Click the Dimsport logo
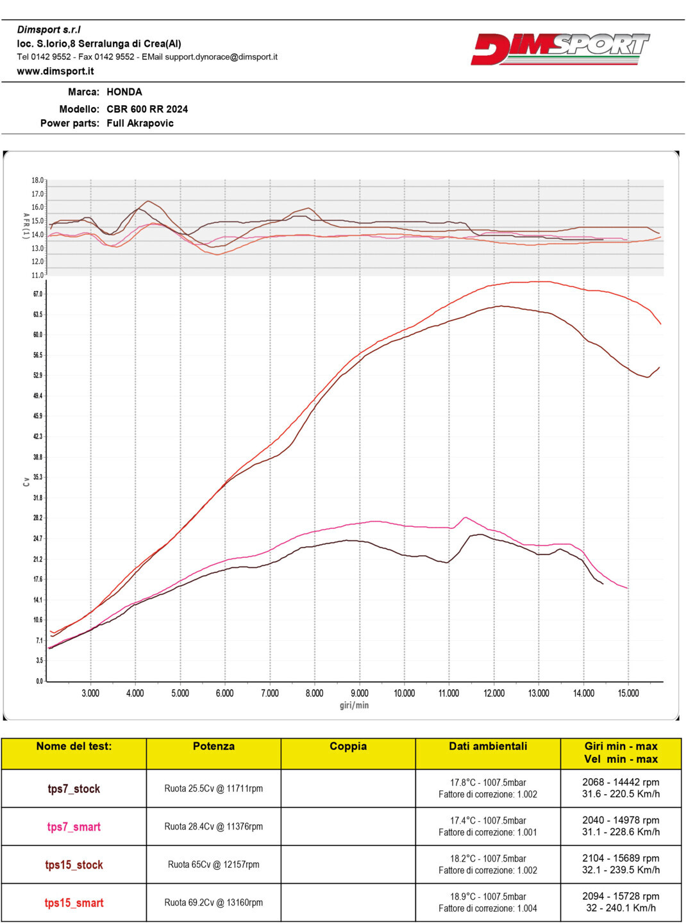pyautogui.click(x=560, y=49)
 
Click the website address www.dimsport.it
pyautogui.click(x=55, y=71)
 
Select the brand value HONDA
pyautogui.click(x=124, y=92)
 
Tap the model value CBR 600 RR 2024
pyautogui.click(x=147, y=109)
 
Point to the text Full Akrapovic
pyautogui.click(x=140, y=123)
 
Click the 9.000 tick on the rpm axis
pyautogui.click(x=359, y=693)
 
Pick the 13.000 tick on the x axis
pyautogui.click(x=539, y=693)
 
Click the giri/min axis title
pyautogui.click(x=354, y=705)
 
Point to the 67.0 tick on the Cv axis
pyautogui.click(x=38, y=294)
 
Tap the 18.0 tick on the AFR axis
pyautogui.click(x=38, y=181)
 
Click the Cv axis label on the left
pyautogui.click(x=26, y=481)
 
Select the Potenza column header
pyautogui.click(x=213, y=747)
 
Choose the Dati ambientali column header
pyautogui.click(x=488, y=747)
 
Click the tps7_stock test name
pyautogui.click(x=74, y=789)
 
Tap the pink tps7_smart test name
pyautogui.click(x=74, y=827)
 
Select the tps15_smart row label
pyautogui.click(x=74, y=903)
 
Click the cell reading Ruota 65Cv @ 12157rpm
pyautogui.click(x=213, y=865)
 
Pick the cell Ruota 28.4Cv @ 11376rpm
pyautogui.click(x=213, y=827)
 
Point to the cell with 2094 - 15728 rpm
pyautogui.click(x=621, y=897)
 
